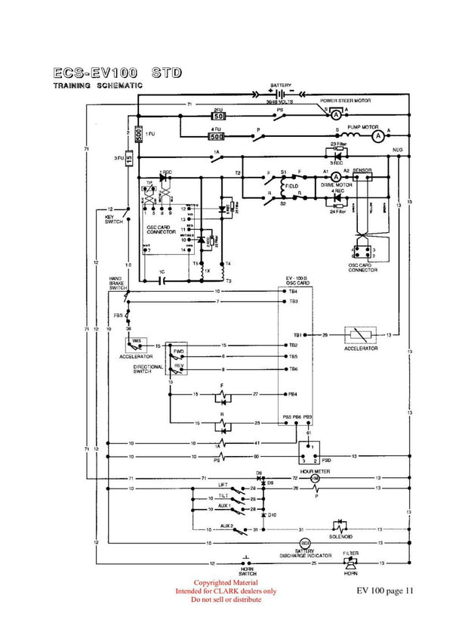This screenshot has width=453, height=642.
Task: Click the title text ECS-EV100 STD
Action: (118, 73)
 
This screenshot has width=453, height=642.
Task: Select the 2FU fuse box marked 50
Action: (218, 116)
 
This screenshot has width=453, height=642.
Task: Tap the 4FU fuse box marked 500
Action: (217, 137)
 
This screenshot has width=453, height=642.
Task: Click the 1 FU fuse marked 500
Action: (139, 135)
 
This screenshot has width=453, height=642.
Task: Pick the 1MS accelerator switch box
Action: (137, 343)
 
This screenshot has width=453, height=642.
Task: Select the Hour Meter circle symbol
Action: (316, 479)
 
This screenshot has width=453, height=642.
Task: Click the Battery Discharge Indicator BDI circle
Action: (305, 543)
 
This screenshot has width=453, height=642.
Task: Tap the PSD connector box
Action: (309, 452)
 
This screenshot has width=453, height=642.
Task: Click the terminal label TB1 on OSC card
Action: (298, 334)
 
